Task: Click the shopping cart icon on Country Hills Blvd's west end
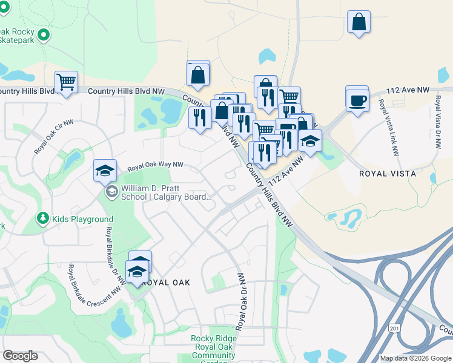pyautogui.click(x=66, y=82)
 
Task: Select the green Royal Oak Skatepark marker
pyautogui.click(x=43, y=36)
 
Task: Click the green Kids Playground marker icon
pyautogui.click(x=43, y=218)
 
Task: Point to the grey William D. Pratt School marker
pyautogui.click(x=111, y=192)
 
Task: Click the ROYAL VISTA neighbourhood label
pyautogui.click(x=388, y=174)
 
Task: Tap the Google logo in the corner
pyautogui.click(x=20, y=356)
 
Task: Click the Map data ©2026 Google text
pyautogui.click(x=415, y=358)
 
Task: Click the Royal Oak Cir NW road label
pyautogui.click(x=54, y=136)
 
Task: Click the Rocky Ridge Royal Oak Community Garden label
pyautogui.click(x=213, y=347)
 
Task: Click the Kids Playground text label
pyautogui.click(x=82, y=219)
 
